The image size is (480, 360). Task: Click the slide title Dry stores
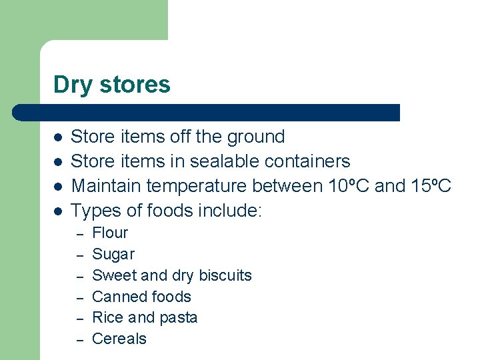tap(112, 85)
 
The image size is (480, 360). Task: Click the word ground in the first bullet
tap(256, 137)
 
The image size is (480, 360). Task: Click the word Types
tap(92, 211)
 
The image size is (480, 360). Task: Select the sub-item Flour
tap(110, 233)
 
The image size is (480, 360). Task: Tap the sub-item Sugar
tap(113, 254)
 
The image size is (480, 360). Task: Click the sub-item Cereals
tap(119, 339)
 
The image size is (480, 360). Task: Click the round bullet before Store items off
tap(58, 137)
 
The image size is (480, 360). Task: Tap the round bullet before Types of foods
tap(58, 211)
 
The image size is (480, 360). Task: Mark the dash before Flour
tap(79, 234)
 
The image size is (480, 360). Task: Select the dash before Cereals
tap(79, 340)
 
